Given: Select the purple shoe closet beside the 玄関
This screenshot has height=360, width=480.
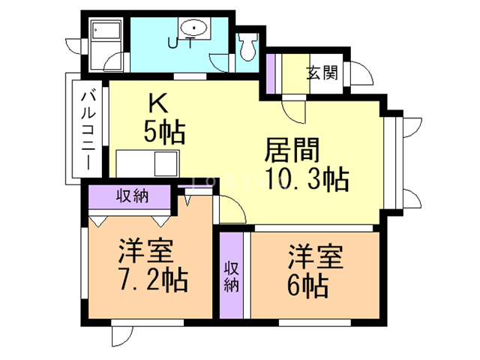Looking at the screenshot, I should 271,73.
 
